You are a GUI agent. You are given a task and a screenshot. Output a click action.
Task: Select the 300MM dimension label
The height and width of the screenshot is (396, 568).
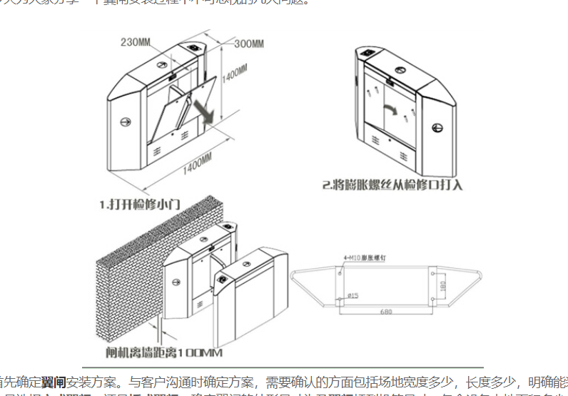point(249,44)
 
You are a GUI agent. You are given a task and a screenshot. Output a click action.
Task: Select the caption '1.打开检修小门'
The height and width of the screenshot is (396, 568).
point(140,204)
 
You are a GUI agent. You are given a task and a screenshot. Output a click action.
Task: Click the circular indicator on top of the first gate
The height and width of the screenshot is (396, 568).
point(196,49)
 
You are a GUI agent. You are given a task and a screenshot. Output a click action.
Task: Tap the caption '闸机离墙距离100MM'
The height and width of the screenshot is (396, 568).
point(163,352)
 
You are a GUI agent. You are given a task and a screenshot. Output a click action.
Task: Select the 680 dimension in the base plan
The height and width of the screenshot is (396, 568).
point(386,312)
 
